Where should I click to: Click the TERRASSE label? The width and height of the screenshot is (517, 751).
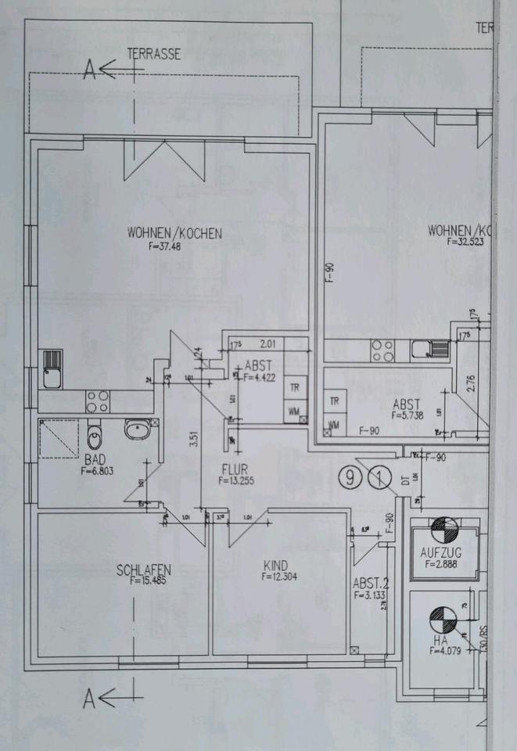coord(155,55)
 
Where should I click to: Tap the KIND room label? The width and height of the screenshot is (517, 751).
coord(276,565)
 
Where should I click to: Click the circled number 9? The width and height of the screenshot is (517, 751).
coord(350,476)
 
